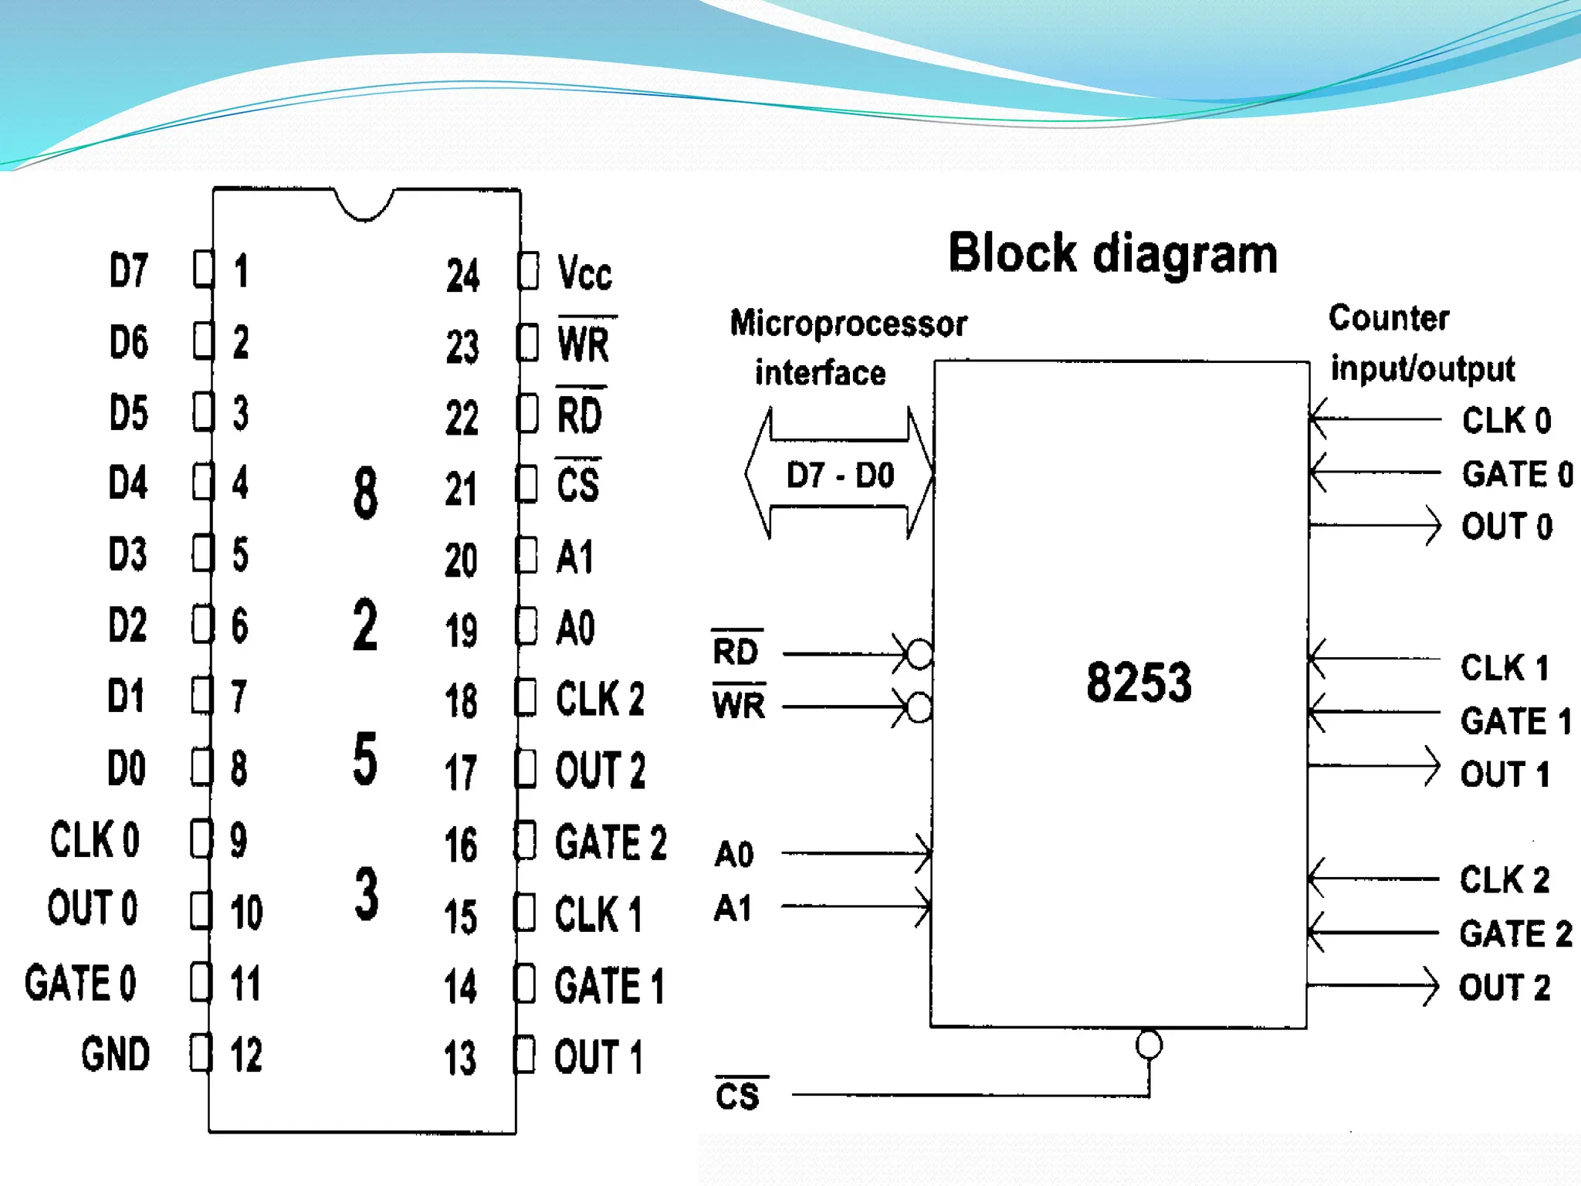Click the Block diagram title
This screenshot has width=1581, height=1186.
coord(1112,253)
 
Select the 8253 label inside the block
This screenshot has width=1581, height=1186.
coord(1139,683)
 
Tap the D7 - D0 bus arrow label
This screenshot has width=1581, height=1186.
coord(840,475)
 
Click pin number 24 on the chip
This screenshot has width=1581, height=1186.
coord(462,276)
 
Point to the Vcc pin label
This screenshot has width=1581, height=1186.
coord(584,273)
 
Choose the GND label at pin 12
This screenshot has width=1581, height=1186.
coord(116,1054)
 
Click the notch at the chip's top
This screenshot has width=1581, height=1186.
coord(364,205)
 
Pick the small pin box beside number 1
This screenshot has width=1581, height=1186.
coord(203,269)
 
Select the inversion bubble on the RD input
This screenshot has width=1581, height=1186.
coord(919,654)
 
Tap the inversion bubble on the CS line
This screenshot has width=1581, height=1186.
coord(1149,1045)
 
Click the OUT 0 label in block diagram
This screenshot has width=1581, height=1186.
coord(1506,527)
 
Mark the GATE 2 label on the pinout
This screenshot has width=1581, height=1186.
coord(611,842)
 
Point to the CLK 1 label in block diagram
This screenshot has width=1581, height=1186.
coord(1505,668)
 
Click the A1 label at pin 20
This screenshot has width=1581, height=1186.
coord(575,557)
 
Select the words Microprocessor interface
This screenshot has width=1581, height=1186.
coord(848,347)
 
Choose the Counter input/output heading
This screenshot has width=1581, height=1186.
coord(1421,343)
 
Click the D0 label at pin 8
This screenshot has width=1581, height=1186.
coord(127,768)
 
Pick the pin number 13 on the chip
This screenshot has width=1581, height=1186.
coord(460,1058)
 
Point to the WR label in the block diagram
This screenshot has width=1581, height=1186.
coord(739,705)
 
